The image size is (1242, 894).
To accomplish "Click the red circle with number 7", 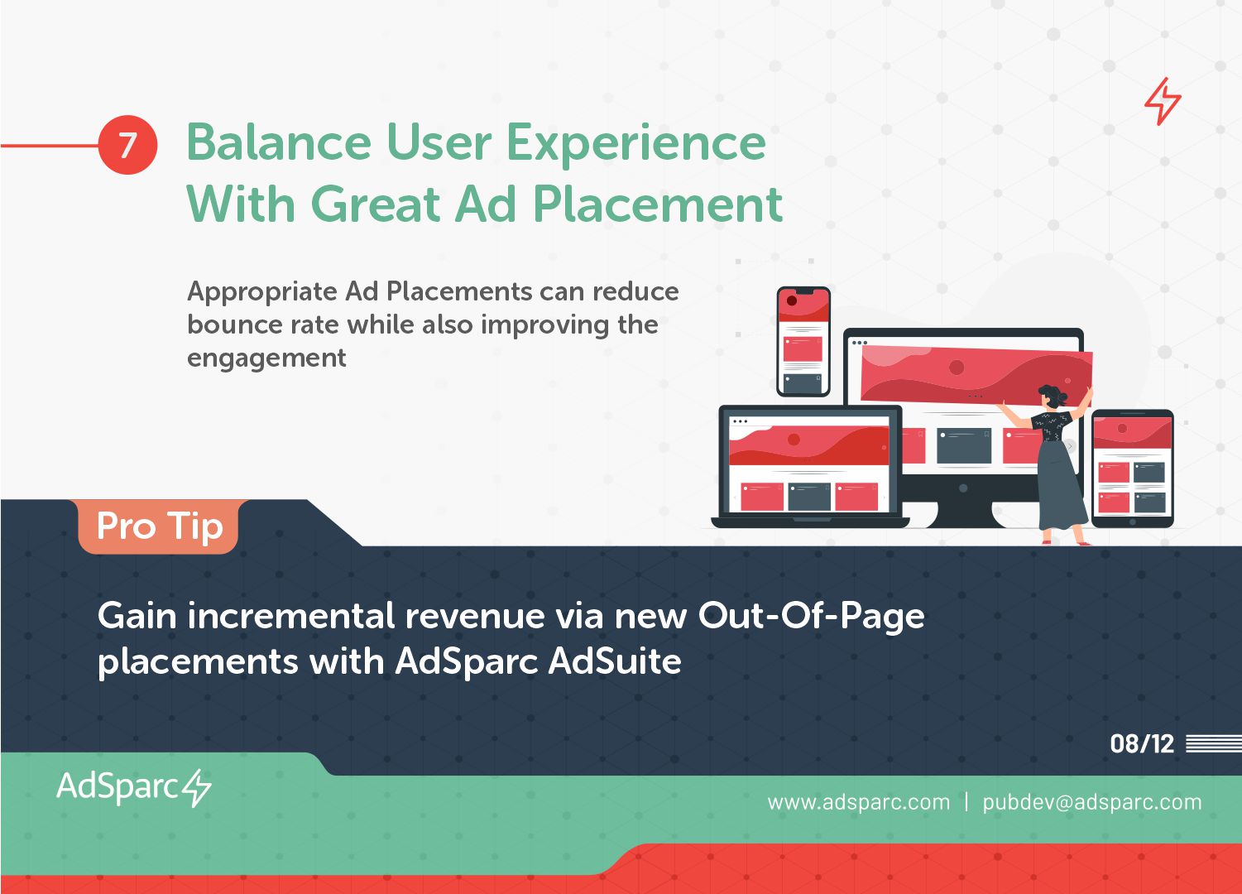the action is point(127,145).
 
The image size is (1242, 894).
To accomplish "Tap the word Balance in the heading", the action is point(279,142).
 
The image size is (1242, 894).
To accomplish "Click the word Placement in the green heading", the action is point(658,204).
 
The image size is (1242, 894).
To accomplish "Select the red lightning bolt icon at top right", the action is point(1163,101).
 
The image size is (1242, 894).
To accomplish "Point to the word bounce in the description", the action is point(231,324).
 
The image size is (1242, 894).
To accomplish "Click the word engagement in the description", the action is point(266,358).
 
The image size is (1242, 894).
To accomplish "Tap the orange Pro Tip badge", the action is point(159,526).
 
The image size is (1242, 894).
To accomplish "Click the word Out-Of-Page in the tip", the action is point(811,617).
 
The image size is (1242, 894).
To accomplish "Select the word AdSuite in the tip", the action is point(614,661).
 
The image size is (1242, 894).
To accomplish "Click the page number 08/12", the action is point(1142,743).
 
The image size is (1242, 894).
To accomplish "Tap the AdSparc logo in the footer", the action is point(133,787).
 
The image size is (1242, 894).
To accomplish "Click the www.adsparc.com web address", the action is point(858,802).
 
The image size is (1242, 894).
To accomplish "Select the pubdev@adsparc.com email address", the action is point(1091,802).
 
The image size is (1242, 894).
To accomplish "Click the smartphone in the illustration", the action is point(803,342).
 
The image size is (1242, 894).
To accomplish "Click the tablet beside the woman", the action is point(1132,469).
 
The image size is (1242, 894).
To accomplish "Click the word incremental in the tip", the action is point(291,617).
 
